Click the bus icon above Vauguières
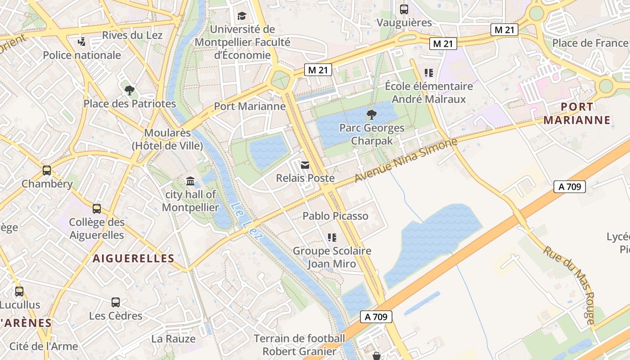pos(404,9)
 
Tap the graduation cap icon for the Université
pos(242,16)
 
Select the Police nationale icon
pos(81,42)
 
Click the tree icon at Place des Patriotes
pos(130,90)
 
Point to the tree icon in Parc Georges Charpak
pos(371,115)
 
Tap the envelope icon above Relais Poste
pos(305,165)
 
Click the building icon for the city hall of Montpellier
pos(190,181)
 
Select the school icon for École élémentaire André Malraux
pos(428,72)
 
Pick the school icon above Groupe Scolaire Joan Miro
pos(332,237)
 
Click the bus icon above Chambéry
pos(47,171)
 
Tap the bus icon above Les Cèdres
pos(116,302)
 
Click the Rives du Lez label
pos(132,35)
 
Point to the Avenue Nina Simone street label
pos(405,161)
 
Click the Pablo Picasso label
pos(335,216)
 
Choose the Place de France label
pos(590,43)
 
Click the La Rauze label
pos(173,339)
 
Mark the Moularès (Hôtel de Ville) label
pos(167,139)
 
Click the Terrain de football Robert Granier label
pos(299,345)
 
